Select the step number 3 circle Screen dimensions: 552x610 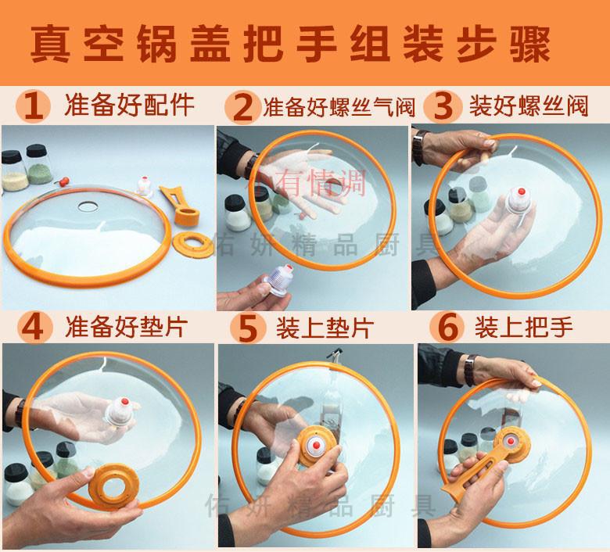[x=443, y=106]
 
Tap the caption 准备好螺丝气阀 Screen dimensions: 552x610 [x=339, y=106]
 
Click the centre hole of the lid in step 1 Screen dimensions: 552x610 [x=86, y=205]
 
